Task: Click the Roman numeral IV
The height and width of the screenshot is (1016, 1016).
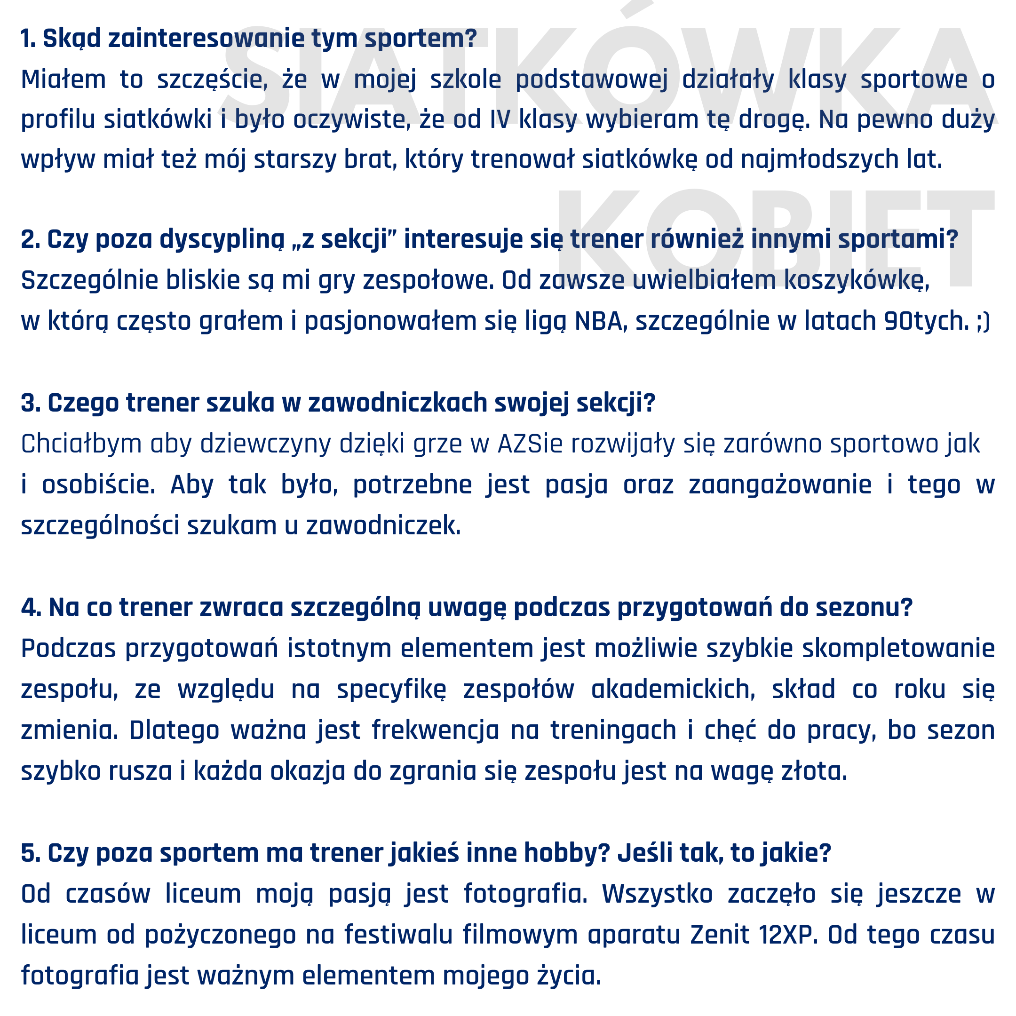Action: (500, 119)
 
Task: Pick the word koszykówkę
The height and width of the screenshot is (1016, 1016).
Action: (857, 280)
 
